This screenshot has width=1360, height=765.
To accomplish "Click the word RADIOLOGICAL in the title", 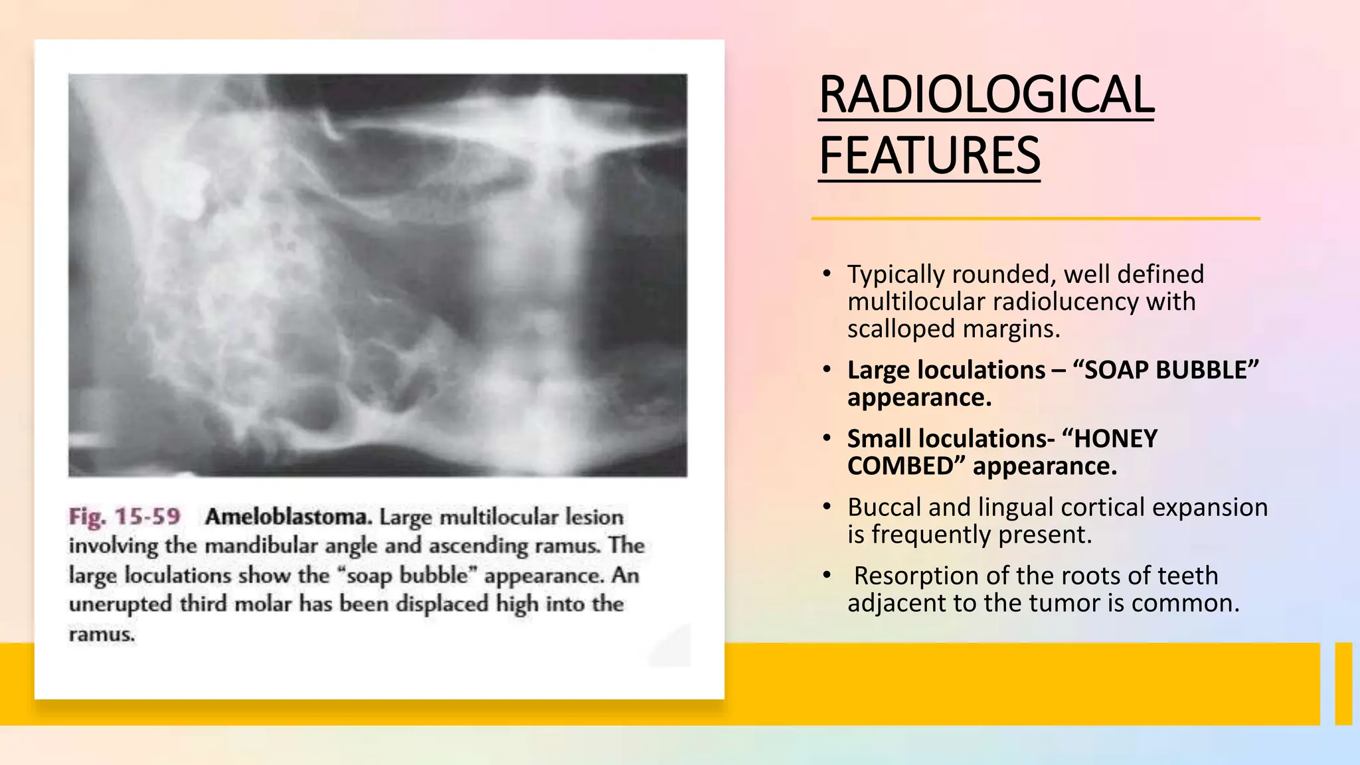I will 986,95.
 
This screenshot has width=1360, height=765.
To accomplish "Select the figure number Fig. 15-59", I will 124,517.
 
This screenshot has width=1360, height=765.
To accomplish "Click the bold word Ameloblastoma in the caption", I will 288,517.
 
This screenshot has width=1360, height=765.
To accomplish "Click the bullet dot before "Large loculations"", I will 826,369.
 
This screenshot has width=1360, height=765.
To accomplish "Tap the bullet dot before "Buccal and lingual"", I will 826,507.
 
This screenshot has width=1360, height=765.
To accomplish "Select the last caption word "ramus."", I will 102,634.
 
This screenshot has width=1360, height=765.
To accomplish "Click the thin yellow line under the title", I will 1035,218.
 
